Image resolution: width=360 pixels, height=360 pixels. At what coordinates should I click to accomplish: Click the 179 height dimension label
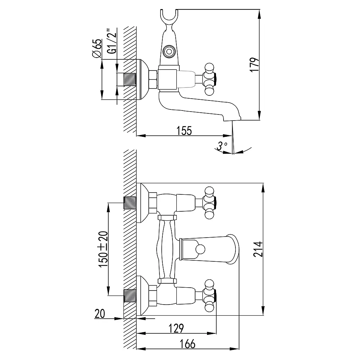[x=255, y=65]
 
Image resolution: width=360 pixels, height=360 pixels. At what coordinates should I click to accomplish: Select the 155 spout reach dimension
[x=184, y=131]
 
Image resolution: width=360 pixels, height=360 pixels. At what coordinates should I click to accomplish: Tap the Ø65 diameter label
[x=96, y=48]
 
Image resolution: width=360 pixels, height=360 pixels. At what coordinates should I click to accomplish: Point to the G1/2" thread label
[x=112, y=41]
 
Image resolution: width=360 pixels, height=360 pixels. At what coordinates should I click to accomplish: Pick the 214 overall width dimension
[x=258, y=249]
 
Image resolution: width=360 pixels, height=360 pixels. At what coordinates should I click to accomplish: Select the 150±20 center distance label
[x=103, y=249]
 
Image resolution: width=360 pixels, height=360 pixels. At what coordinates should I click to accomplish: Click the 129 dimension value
[x=176, y=328]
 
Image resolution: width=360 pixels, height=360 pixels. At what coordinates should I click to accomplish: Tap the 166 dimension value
[x=188, y=344]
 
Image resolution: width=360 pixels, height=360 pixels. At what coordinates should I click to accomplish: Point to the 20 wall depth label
[x=100, y=314]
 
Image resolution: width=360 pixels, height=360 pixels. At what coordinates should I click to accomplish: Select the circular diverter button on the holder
[x=169, y=51]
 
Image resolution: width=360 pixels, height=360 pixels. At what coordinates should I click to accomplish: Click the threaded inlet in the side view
[x=130, y=80]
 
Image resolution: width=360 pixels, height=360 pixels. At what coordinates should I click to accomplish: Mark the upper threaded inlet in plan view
[x=130, y=203]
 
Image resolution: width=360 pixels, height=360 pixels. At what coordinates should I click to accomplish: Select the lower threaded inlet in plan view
[x=130, y=296]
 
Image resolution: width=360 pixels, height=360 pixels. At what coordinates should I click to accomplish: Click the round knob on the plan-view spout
[x=200, y=249]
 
